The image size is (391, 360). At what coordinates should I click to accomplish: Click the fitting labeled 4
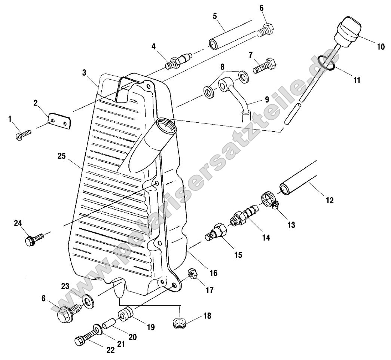pos(178,60)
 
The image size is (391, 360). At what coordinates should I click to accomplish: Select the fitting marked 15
pos(216,232)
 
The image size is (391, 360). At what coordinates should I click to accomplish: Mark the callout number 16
pos(213,273)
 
